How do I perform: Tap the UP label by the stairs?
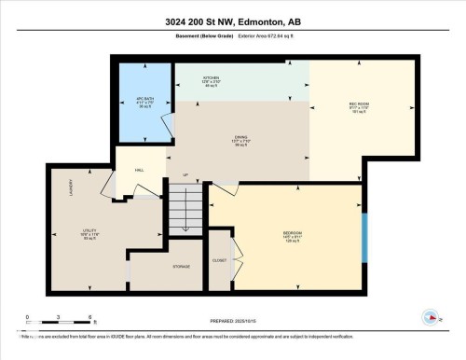[x=185, y=175]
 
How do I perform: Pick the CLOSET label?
[x=219, y=260]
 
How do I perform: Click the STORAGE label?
[x=181, y=267]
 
